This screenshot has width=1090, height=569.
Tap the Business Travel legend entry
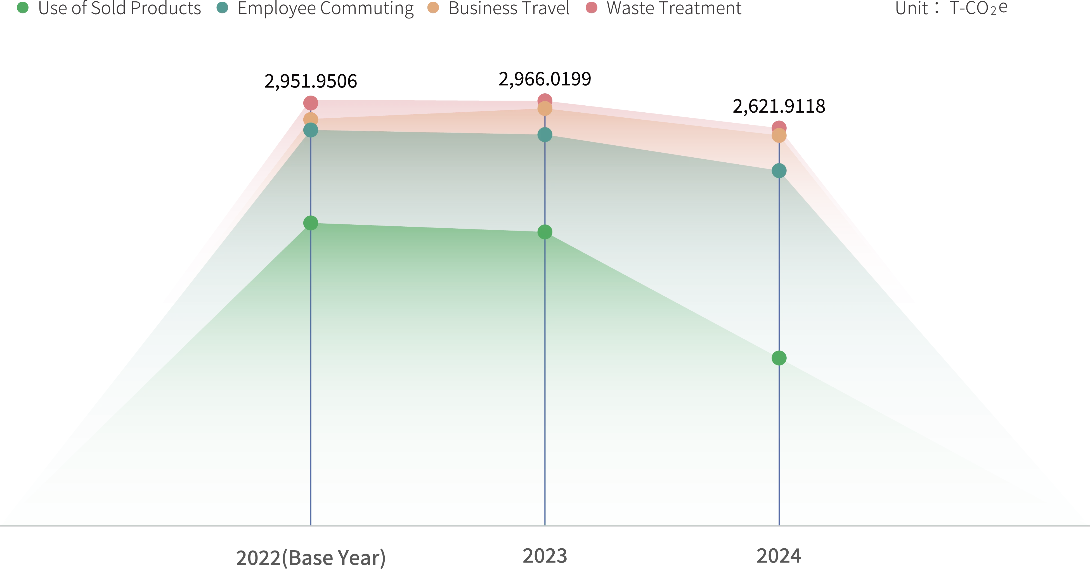click(x=499, y=8)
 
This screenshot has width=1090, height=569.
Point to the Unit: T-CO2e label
click(x=951, y=8)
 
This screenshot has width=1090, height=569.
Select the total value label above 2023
click(x=545, y=80)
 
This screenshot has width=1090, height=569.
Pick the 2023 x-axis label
click(x=545, y=556)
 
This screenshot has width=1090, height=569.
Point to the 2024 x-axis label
click(x=779, y=556)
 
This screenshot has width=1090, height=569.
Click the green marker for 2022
click(x=311, y=223)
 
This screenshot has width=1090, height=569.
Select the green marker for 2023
click(x=545, y=232)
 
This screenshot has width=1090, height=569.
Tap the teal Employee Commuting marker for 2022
click(x=311, y=130)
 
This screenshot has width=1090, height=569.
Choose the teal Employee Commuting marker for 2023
click(x=545, y=135)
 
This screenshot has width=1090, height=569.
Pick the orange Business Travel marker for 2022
click(x=311, y=119)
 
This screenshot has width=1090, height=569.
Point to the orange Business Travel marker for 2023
click(x=545, y=109)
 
